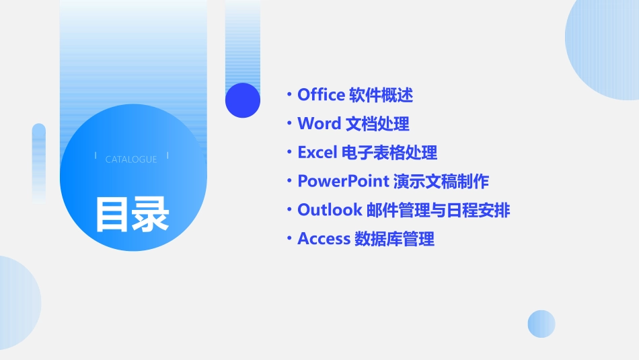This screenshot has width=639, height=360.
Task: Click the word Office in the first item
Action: pyautogui.click(x=321, y=95)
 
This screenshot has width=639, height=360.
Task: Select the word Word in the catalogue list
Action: pyautogui.click(x=319, y=124)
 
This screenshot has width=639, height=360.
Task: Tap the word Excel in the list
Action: pyautogui.click(x=316, y=153)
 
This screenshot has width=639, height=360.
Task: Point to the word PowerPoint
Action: pyautogui.click(x=343, y=181)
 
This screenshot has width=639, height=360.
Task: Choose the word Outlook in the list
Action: pyautogui.click(x=330, y=210)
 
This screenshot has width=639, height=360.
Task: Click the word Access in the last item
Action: pyautogui.click(x=324, y=239)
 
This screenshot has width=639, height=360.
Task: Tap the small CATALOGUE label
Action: pyautogui.click(x=131, y=159)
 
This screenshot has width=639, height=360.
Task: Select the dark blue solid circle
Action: pyautogui.click(x=242, y=100)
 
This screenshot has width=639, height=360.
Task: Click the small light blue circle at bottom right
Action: pyautogui.click(x=541, y=324)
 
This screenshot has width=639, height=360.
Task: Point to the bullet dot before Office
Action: pyautogui.click(x=289, y=95)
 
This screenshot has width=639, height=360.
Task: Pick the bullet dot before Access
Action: pyautogui.click(x=289, y=239)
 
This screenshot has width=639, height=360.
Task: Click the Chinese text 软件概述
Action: pyautogui.click(x=381, y=95)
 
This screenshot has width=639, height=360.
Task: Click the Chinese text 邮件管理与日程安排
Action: pyautogui.click(x=439, y=210)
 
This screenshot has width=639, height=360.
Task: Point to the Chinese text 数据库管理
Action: pyautogui.click(x=394, y=239)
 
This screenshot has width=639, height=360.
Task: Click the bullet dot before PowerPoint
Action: pyautogui.click(x=289, y=181)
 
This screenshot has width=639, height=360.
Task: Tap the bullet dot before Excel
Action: pyautogui.click(x=289, y=153)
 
